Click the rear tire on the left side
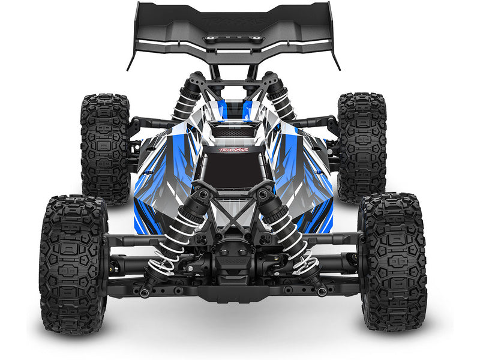(x=105, y=147)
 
